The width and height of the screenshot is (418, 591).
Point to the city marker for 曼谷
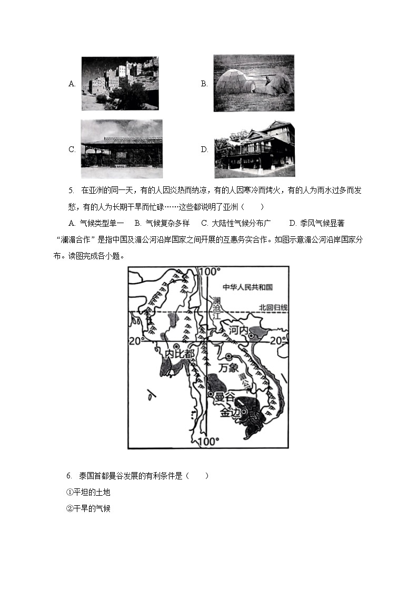(x=211, y=394)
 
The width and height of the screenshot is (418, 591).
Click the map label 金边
(x=230, y=413)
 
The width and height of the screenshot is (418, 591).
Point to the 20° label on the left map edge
(x=136, y=341)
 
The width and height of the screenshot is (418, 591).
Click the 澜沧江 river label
(x=216, y=308)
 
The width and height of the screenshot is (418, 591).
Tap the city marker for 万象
(x=228, y=356)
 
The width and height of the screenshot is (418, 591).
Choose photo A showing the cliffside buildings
(x=120, y=84)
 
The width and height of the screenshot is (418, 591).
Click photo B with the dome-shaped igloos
(x=253, y=83)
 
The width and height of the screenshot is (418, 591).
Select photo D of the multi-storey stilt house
(x=254, y=149)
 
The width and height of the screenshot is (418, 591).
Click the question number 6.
(x=69, y=476)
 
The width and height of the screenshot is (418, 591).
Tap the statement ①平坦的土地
(x=88, y=492)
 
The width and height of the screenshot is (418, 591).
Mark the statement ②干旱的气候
(x=88, y=509)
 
